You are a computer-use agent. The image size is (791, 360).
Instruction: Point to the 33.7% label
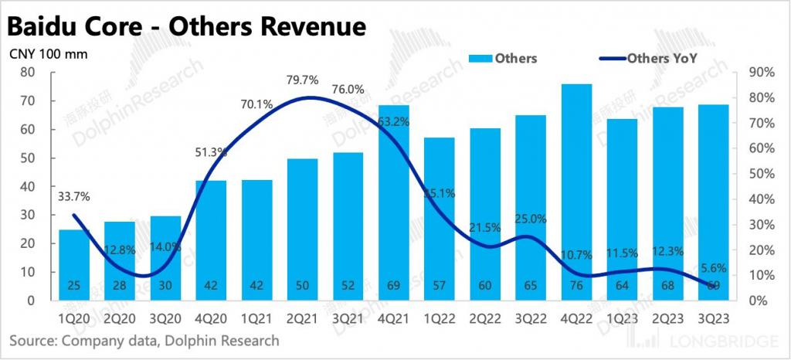[73, 196]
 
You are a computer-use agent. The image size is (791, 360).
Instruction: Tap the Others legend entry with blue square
[506, 59]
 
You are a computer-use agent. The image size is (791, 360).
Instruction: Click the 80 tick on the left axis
[28, 72]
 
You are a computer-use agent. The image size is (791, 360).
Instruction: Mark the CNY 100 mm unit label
[48, 54]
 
